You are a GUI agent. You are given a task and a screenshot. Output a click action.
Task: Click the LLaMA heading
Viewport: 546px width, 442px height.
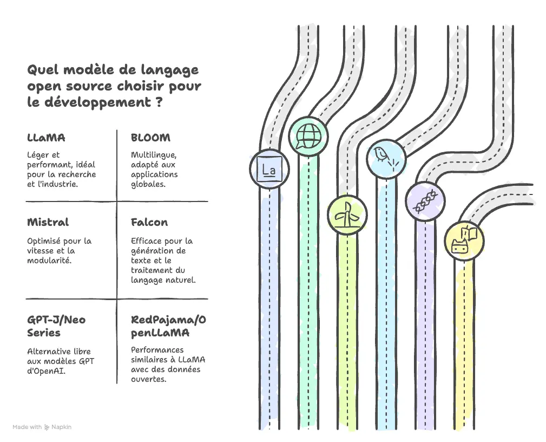46,138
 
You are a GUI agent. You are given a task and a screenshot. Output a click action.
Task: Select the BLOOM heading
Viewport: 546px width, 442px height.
150,138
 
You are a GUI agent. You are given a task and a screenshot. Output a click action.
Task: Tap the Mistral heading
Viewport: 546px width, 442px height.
48,222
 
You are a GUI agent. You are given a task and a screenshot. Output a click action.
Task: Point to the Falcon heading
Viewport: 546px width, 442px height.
149,222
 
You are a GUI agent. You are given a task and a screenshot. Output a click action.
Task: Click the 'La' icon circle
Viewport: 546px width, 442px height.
269,168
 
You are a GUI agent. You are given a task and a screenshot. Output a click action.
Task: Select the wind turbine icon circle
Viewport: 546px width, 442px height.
347,214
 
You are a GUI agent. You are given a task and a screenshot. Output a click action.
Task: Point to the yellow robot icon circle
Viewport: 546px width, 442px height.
464,240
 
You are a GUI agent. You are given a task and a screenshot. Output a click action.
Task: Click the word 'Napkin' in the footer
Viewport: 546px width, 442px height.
61,427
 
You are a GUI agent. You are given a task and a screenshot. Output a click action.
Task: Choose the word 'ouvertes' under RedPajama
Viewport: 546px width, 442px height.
148,379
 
